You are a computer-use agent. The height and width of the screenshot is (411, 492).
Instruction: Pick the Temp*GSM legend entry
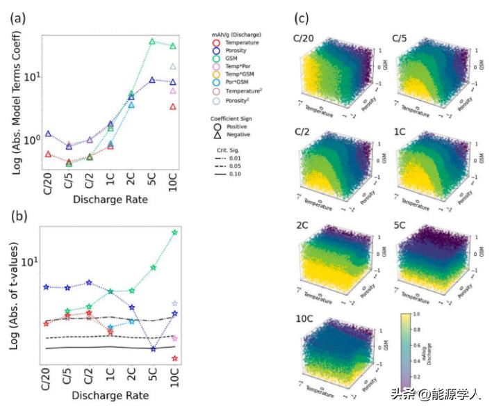click(x=238, y=81)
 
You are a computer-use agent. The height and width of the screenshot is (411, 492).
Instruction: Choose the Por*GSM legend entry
click(x=237, y=91)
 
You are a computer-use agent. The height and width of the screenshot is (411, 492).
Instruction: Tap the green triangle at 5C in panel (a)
click(x=152, y=42)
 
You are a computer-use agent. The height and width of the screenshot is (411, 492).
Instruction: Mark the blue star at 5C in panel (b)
click(x=152, y=348)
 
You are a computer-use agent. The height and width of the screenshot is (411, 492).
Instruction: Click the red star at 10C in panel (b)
click(x=174, y=359)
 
